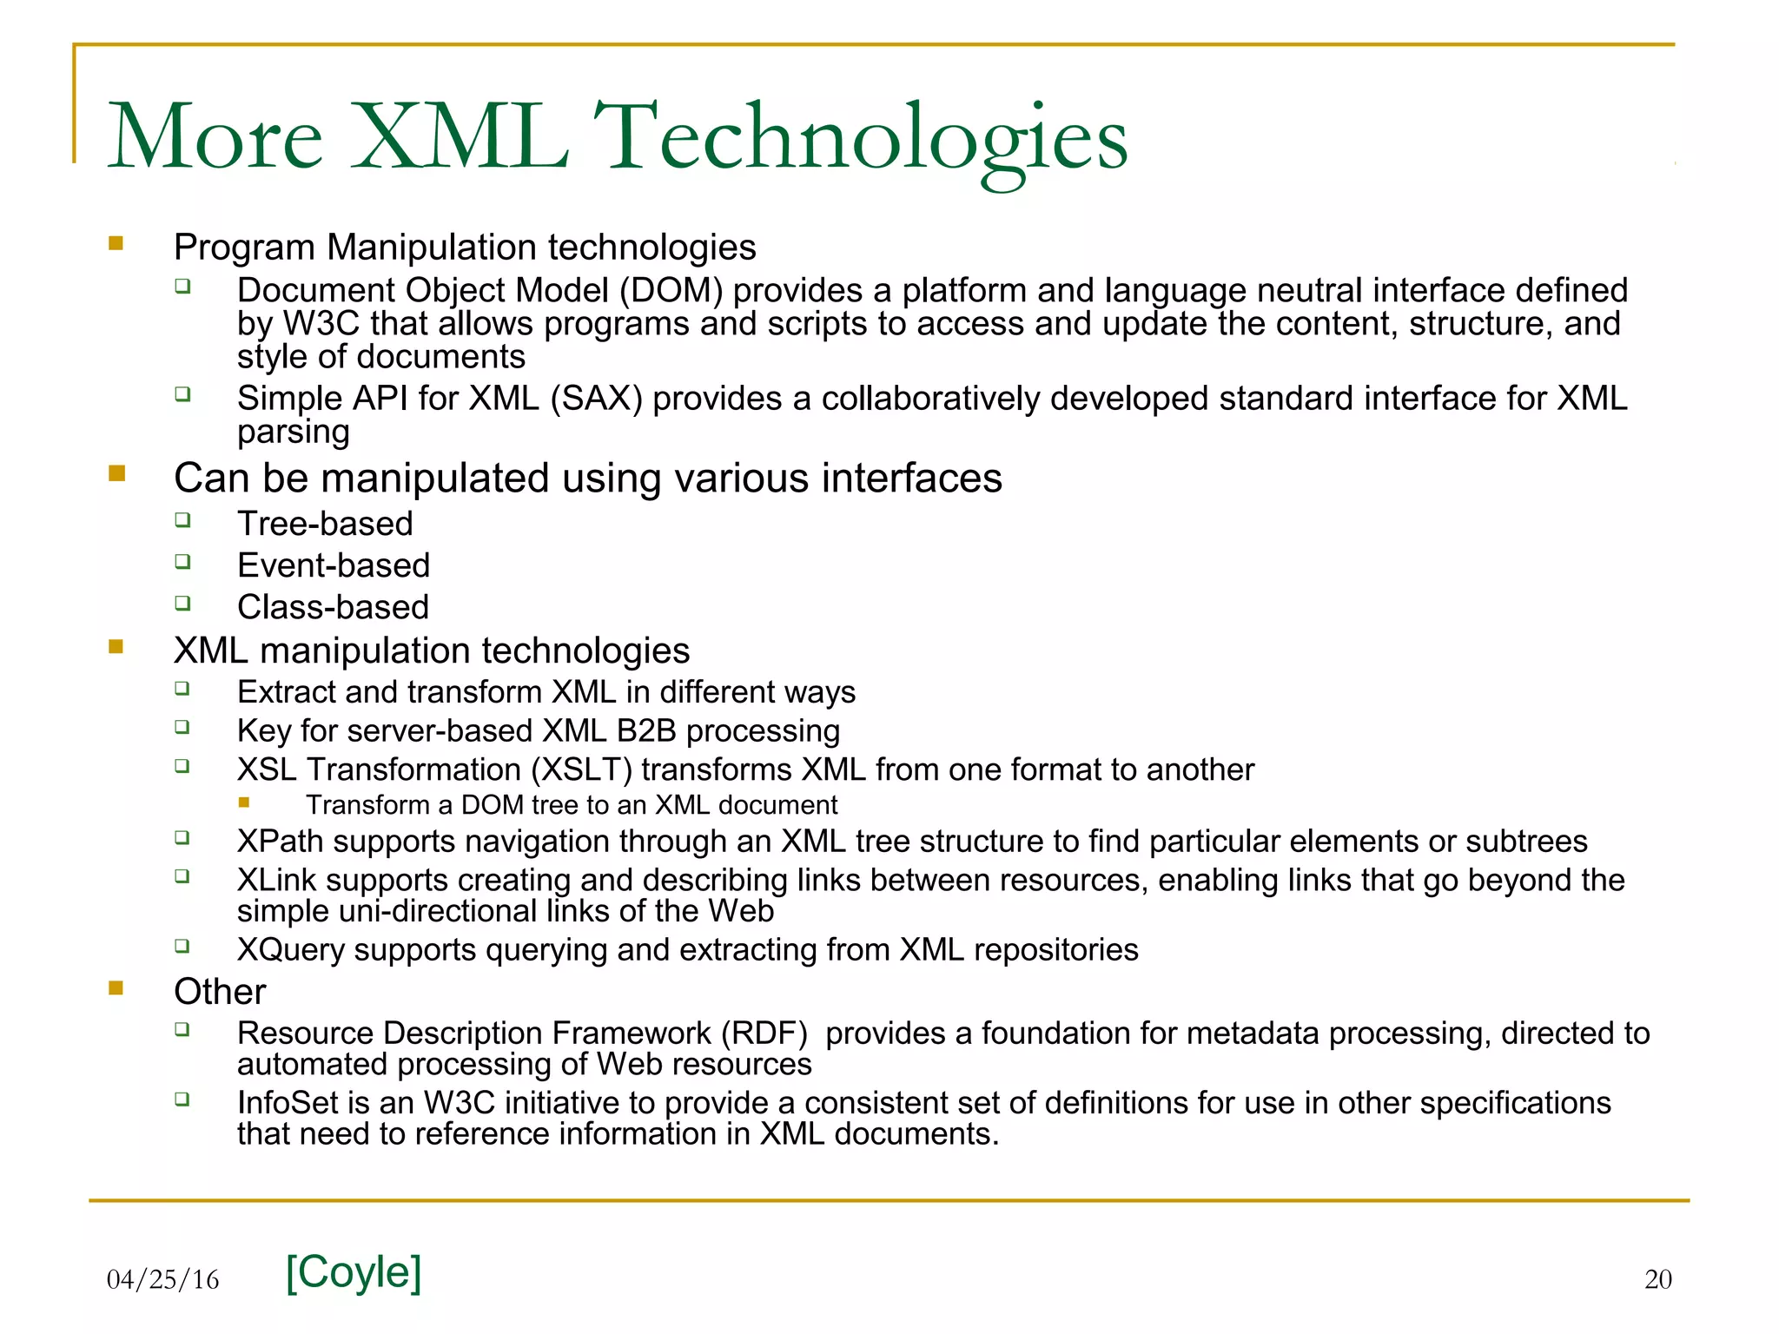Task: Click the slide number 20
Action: [1657, 1279]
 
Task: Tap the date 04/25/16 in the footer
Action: [162, 1279]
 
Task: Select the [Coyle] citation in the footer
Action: [354, 1272]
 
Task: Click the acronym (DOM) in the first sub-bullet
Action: [671, 291]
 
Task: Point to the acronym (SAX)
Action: [596, 399]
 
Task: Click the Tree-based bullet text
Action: [325, 524]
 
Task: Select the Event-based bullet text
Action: [334, 565]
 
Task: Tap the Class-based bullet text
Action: [333, 607]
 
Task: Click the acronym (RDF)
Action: [764, 1034]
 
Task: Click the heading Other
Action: [220, 992]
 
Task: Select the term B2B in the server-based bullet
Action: [646, 731]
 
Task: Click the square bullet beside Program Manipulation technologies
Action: [116, 244]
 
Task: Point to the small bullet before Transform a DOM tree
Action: [244, 803]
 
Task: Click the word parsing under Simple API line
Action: [293, 433]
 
